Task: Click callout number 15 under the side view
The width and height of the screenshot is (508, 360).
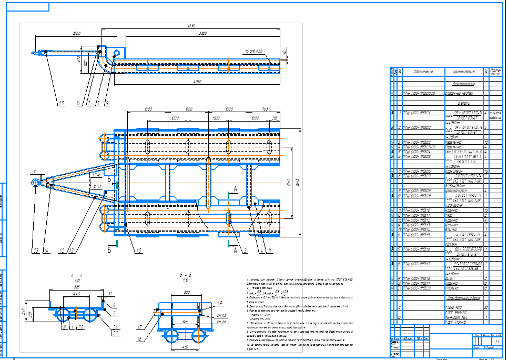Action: [60, 103]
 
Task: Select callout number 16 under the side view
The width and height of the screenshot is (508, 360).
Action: [77, 103]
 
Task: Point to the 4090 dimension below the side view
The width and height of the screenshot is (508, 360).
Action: [198, 82]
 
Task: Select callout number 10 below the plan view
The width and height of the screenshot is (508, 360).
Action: [137, 251]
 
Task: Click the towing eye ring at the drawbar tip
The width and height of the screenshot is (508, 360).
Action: [35, 183]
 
